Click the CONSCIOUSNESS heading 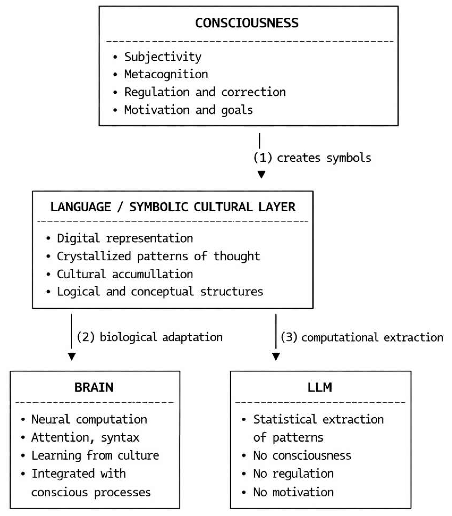tap(247, 23)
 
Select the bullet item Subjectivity tap(163, 57)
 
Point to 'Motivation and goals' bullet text tap(188, 110)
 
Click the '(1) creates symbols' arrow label tap(312, 158)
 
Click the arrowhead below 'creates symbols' tap(261, 174)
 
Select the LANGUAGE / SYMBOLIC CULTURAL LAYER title tap(173, 207)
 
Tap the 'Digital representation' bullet tap(125, 238)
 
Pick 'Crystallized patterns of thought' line tap(158, 256)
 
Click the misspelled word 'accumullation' tap(153, 274)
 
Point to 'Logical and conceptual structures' tap(160, 292)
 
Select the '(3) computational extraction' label tap(362, 337)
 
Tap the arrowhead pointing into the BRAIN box tap(72, 356)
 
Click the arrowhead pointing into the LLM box tap(276, 356)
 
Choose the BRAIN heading tap(94, 387)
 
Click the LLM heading tap(320, 387)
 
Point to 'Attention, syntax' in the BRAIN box tap(85, 437)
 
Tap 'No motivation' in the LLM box tap(293, 492)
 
